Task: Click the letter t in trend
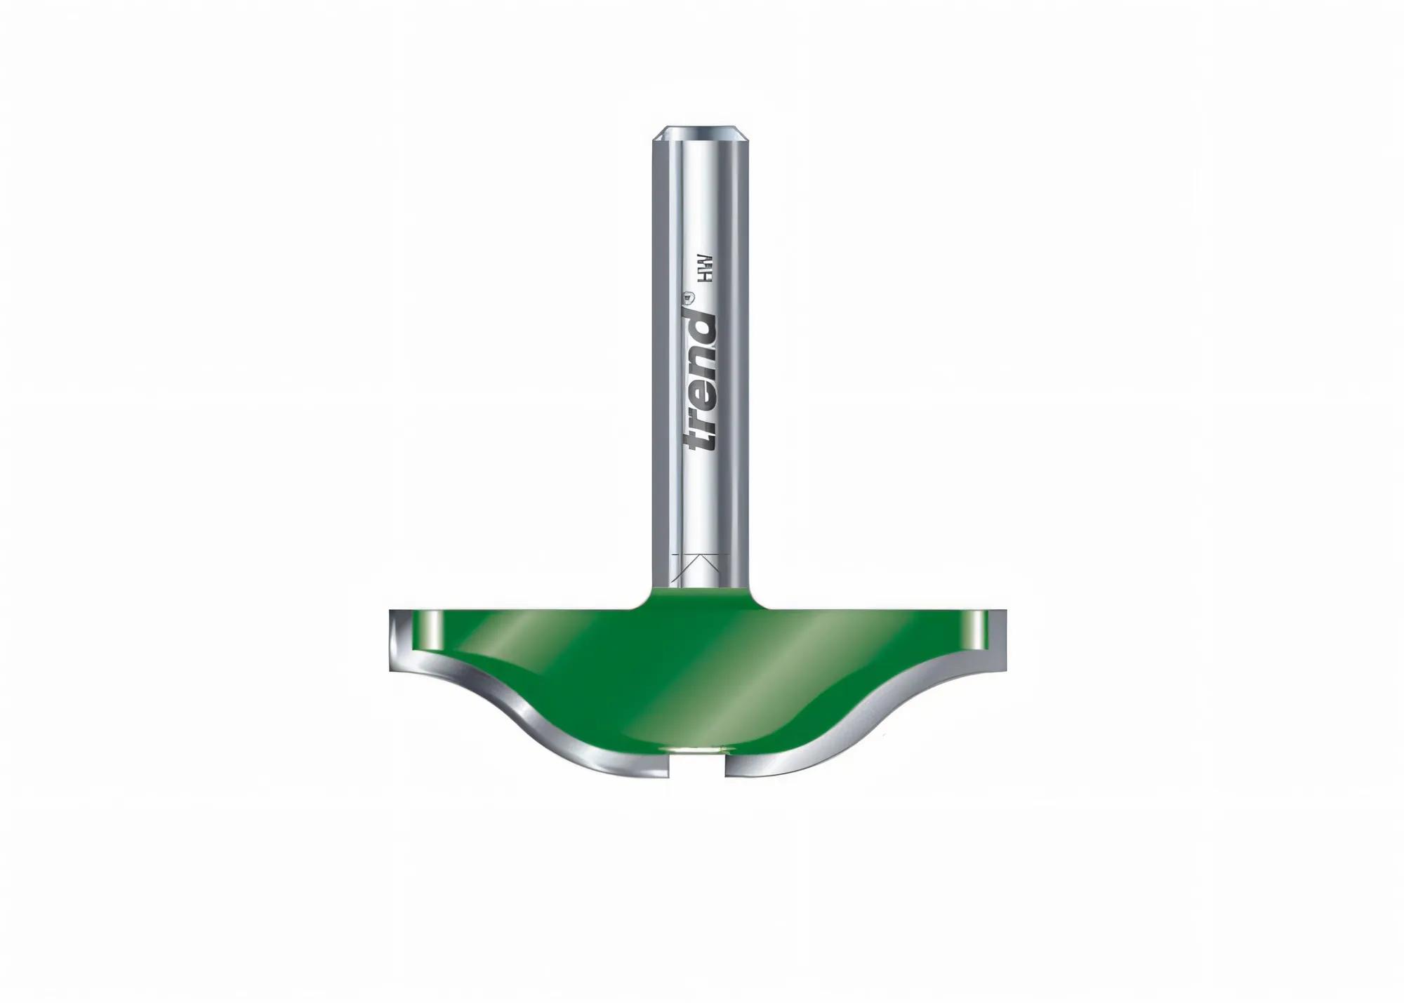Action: (701, 439)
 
